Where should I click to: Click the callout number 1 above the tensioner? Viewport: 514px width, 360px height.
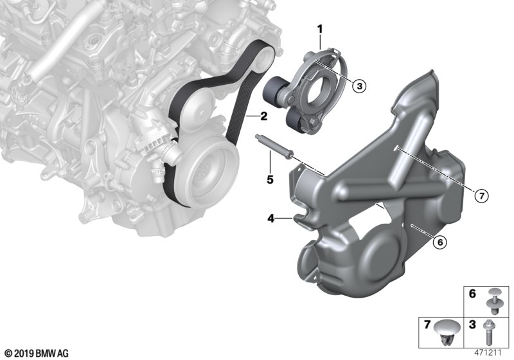pos(319,30)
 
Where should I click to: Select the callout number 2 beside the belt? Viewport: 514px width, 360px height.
pos(263,116)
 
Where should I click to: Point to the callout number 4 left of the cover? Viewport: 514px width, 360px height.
pos(270,218)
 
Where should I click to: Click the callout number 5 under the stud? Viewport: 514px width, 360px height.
pos(270,179)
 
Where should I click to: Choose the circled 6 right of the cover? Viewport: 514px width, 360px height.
pos(439,242)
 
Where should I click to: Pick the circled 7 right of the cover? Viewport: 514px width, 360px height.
pos(481,196)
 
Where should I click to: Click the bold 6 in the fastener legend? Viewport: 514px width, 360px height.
pos(472,294)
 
